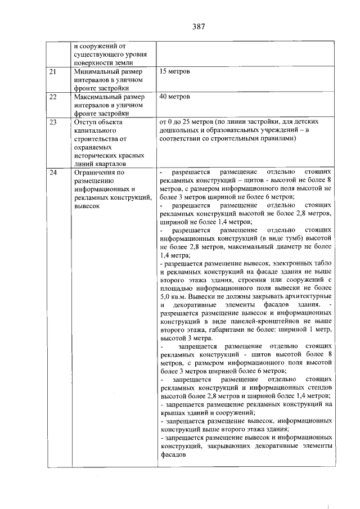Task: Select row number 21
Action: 53,73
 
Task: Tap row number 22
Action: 53,97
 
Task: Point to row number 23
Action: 53,121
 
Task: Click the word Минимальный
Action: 98,73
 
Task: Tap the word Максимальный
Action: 100,97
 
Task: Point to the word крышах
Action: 173,413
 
